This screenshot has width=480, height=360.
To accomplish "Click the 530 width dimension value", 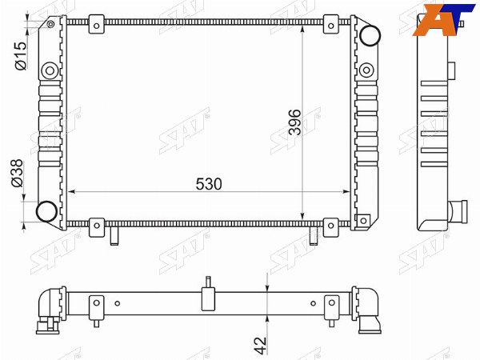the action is (209, 184).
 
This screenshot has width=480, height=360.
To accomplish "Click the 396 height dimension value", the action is (294, 122).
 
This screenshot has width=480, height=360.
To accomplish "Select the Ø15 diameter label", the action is (21, 56).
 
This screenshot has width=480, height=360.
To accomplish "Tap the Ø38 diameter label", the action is (17, 173).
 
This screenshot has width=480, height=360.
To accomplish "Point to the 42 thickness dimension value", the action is (261, 346).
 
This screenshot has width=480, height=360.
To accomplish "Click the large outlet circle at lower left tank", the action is (46, 211).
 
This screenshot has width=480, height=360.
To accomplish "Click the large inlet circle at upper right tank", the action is (370, 35).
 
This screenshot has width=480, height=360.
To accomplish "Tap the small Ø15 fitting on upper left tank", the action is (50, 24).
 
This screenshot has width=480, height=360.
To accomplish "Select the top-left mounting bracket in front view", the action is (97, 24).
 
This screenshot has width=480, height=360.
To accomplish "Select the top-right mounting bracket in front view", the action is (331, 24).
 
